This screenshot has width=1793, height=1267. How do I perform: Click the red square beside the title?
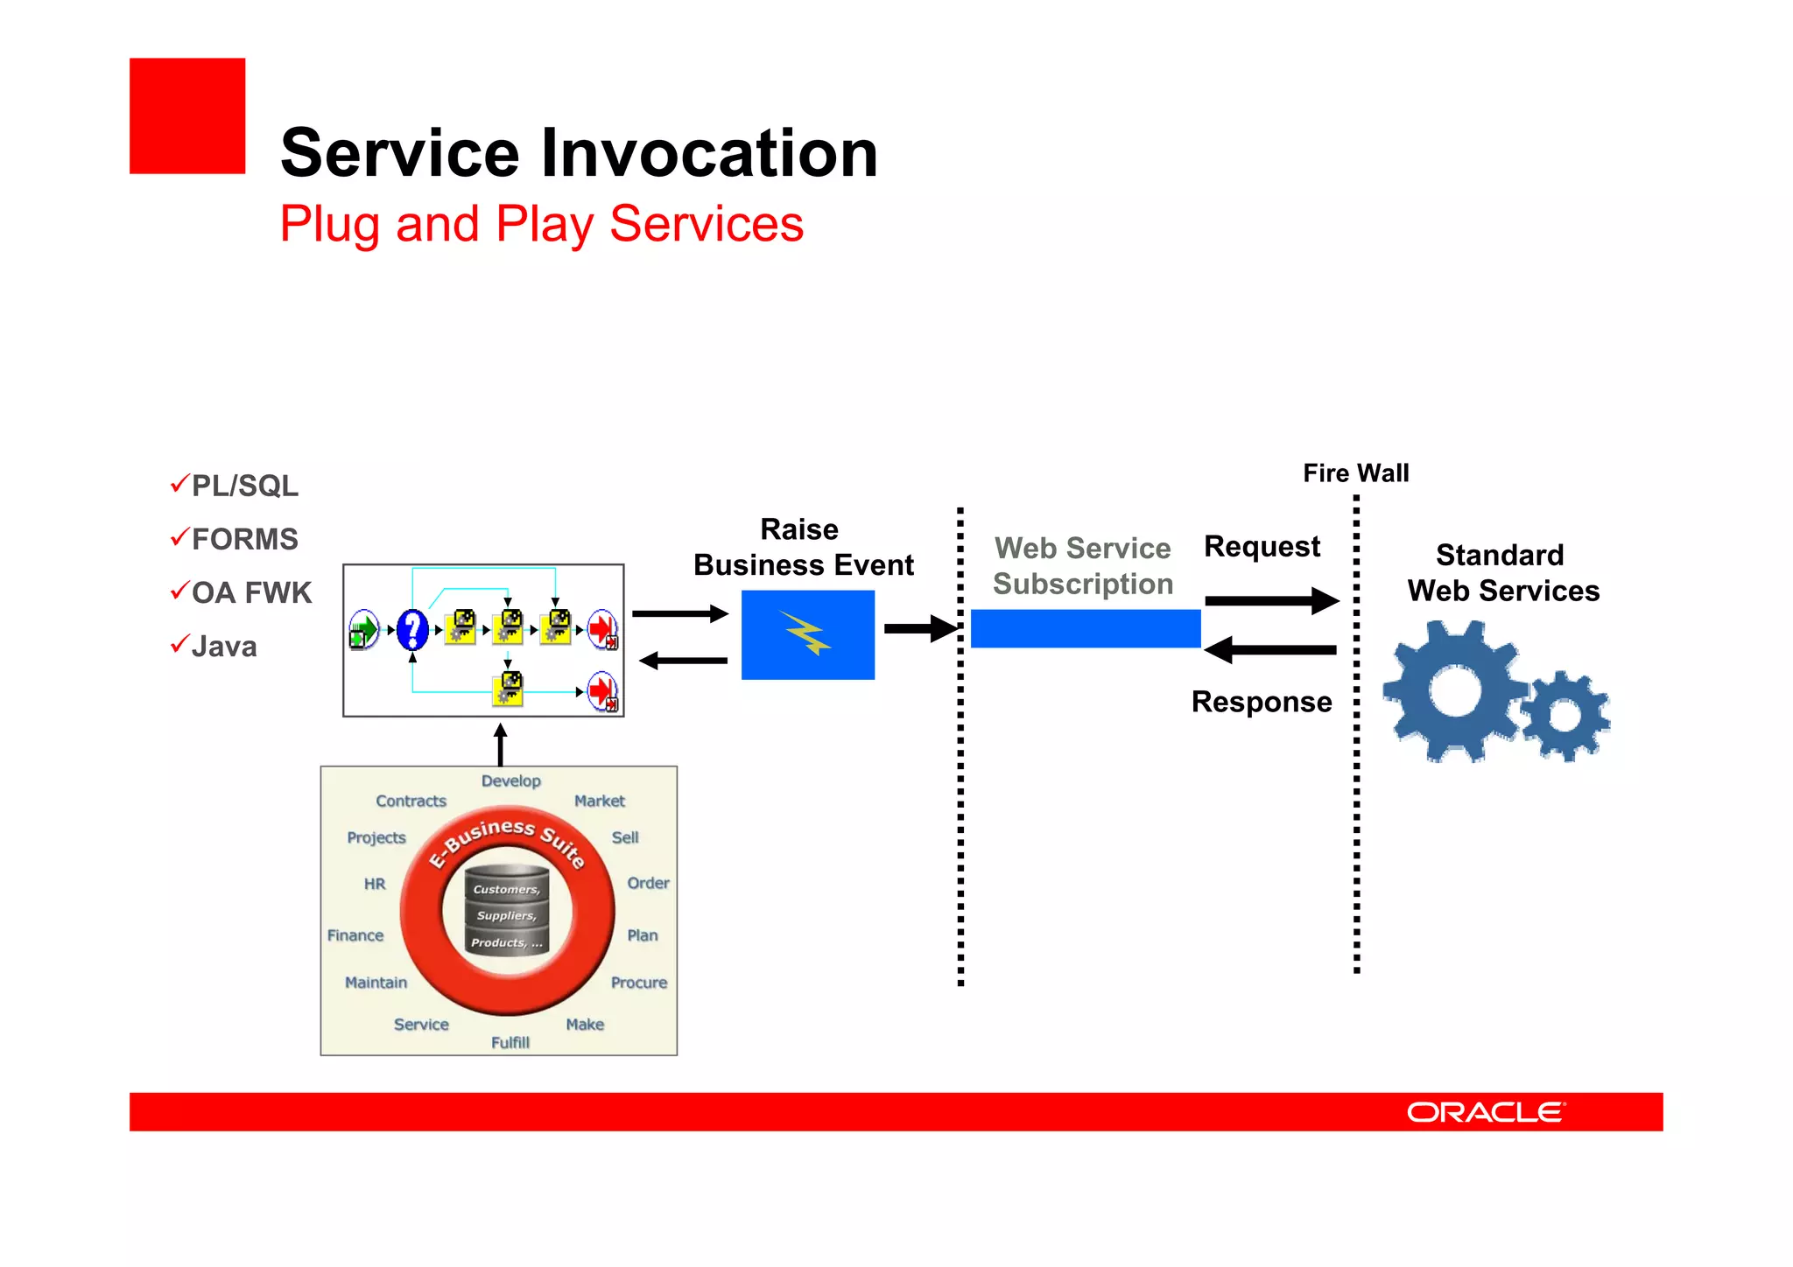coord(187,116)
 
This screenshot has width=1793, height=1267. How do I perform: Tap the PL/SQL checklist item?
coord(244,486)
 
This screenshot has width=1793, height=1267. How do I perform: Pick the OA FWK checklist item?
coord(251,593)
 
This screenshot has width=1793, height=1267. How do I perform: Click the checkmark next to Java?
coord(179,645)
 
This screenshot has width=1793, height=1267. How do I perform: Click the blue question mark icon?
coord(412,629)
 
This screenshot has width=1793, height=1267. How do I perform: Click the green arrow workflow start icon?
coord(363,629)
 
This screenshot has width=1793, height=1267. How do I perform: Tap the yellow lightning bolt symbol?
coord(805,633)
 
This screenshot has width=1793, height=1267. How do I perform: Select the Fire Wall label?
coord(1355,473)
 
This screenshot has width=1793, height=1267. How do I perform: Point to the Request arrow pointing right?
coord(1271,600)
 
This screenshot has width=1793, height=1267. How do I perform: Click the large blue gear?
coord(1453,691)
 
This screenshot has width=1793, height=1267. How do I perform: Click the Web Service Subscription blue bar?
coord(1085,628)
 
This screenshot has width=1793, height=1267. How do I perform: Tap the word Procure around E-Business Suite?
coord(638,983)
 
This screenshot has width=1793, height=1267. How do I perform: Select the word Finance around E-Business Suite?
coord(355,935)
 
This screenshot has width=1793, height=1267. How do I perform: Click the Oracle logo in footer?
coord(1485,1112)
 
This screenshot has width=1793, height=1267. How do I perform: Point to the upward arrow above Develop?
coord(500,745)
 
